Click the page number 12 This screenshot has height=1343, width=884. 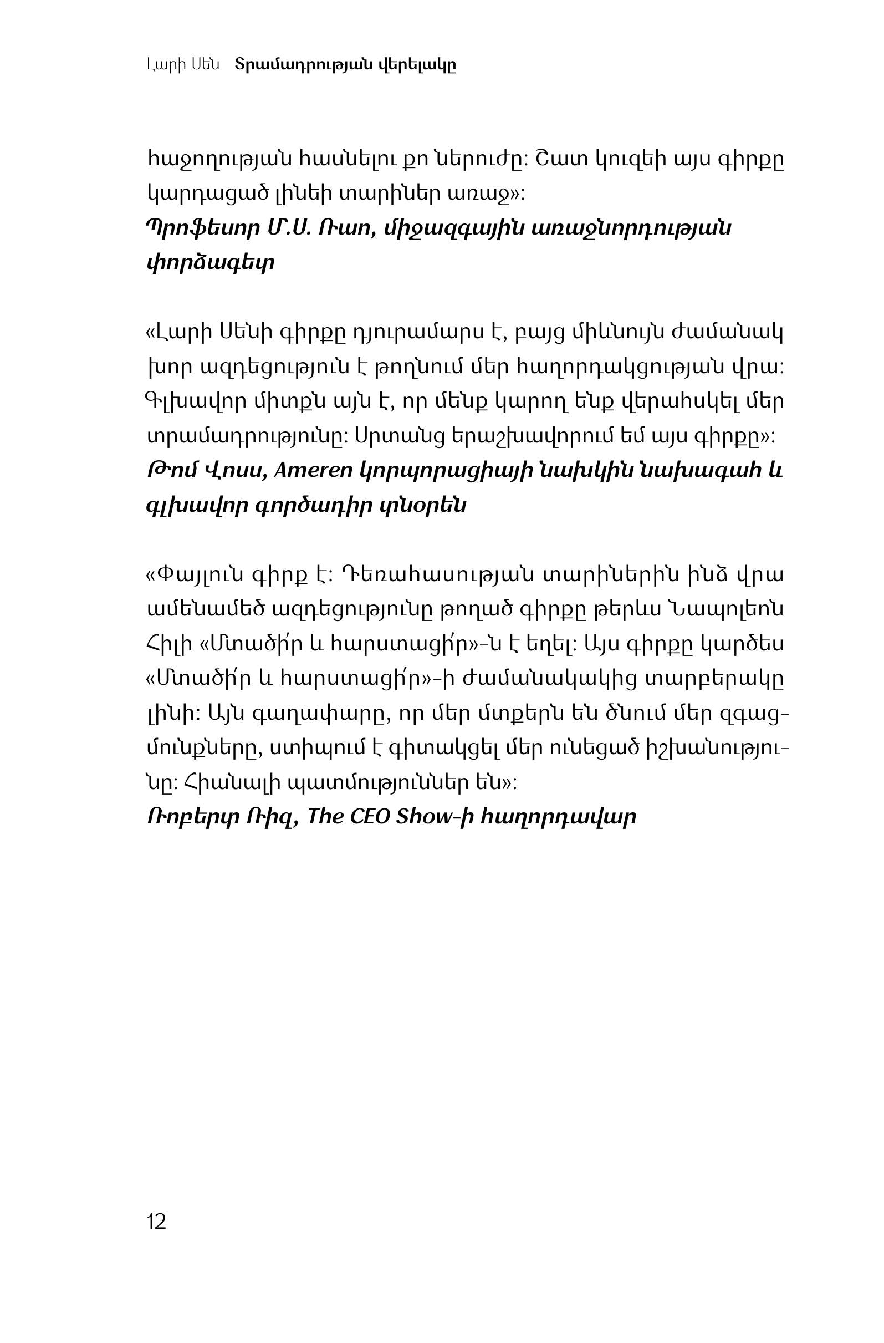click(x=156, y=1222)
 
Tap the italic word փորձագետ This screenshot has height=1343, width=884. click(x=211, y=263)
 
